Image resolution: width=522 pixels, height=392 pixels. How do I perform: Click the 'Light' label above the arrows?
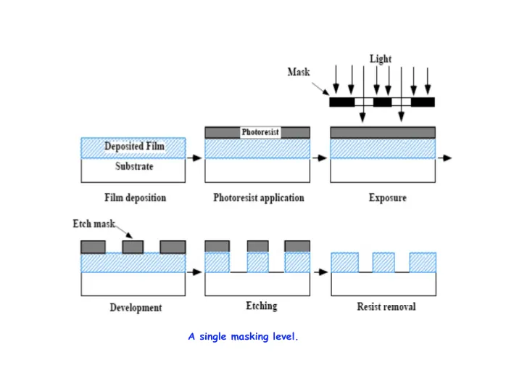click(381, 59)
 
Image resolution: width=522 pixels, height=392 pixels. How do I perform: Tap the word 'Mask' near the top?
click(299, 72)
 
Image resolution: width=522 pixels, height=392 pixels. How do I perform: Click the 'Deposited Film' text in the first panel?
click(134, 147)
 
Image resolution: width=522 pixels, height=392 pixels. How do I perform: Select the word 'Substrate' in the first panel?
click(134, 167)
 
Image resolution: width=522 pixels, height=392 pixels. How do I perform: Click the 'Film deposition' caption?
click(134, 197)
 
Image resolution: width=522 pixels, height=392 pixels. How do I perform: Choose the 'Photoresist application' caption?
click(259, 197)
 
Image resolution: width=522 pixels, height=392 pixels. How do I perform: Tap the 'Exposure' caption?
click(387, 197)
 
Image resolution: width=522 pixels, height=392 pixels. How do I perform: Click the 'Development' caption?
click(136, 307)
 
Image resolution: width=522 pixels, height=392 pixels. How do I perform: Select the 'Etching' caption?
click(261, 306)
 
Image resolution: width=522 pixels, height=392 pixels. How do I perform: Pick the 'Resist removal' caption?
click(386, 307)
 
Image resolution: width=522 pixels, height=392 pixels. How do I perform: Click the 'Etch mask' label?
click(94, 224)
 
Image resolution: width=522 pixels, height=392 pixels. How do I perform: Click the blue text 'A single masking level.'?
click(243, 336)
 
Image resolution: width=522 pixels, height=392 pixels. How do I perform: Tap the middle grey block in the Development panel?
click(133, 247)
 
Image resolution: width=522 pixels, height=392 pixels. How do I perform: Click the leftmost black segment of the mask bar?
click(342, 102)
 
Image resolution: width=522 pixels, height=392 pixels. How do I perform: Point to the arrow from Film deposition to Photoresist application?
click(195, 157)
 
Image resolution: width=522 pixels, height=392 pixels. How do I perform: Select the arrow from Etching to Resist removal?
click(320, 272)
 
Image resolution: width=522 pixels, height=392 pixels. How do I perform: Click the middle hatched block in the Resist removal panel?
click(384, 262)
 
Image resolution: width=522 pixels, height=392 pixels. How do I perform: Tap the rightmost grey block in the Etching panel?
click(297, 246)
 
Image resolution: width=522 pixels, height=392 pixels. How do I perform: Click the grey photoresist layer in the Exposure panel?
click(383, 133)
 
